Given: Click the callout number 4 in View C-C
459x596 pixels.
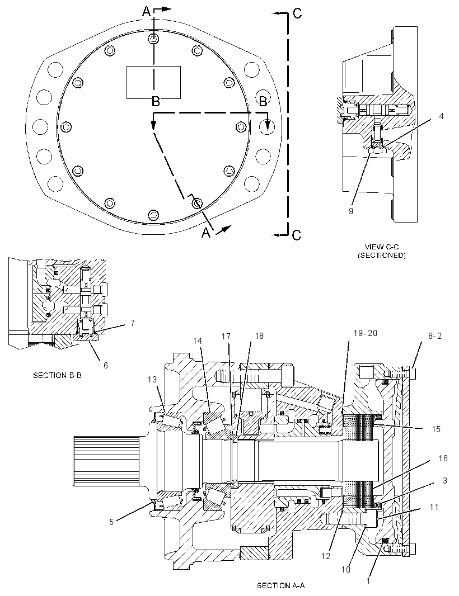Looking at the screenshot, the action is [441, 116].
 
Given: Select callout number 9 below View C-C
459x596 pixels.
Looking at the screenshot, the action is [351, 211].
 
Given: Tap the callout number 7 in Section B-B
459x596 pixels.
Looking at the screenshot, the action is [133, 323].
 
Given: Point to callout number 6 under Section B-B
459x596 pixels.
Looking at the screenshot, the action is [105, 365].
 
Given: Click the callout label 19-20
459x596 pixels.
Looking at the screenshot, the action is [366, 333].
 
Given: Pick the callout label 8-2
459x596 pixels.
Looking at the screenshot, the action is [434, 336].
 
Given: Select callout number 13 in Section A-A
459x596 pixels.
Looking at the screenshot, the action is [152, 379].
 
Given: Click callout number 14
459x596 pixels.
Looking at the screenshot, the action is [197, 340].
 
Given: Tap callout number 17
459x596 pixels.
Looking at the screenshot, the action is [226, 336].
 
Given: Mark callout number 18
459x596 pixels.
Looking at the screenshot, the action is [259, 335].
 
